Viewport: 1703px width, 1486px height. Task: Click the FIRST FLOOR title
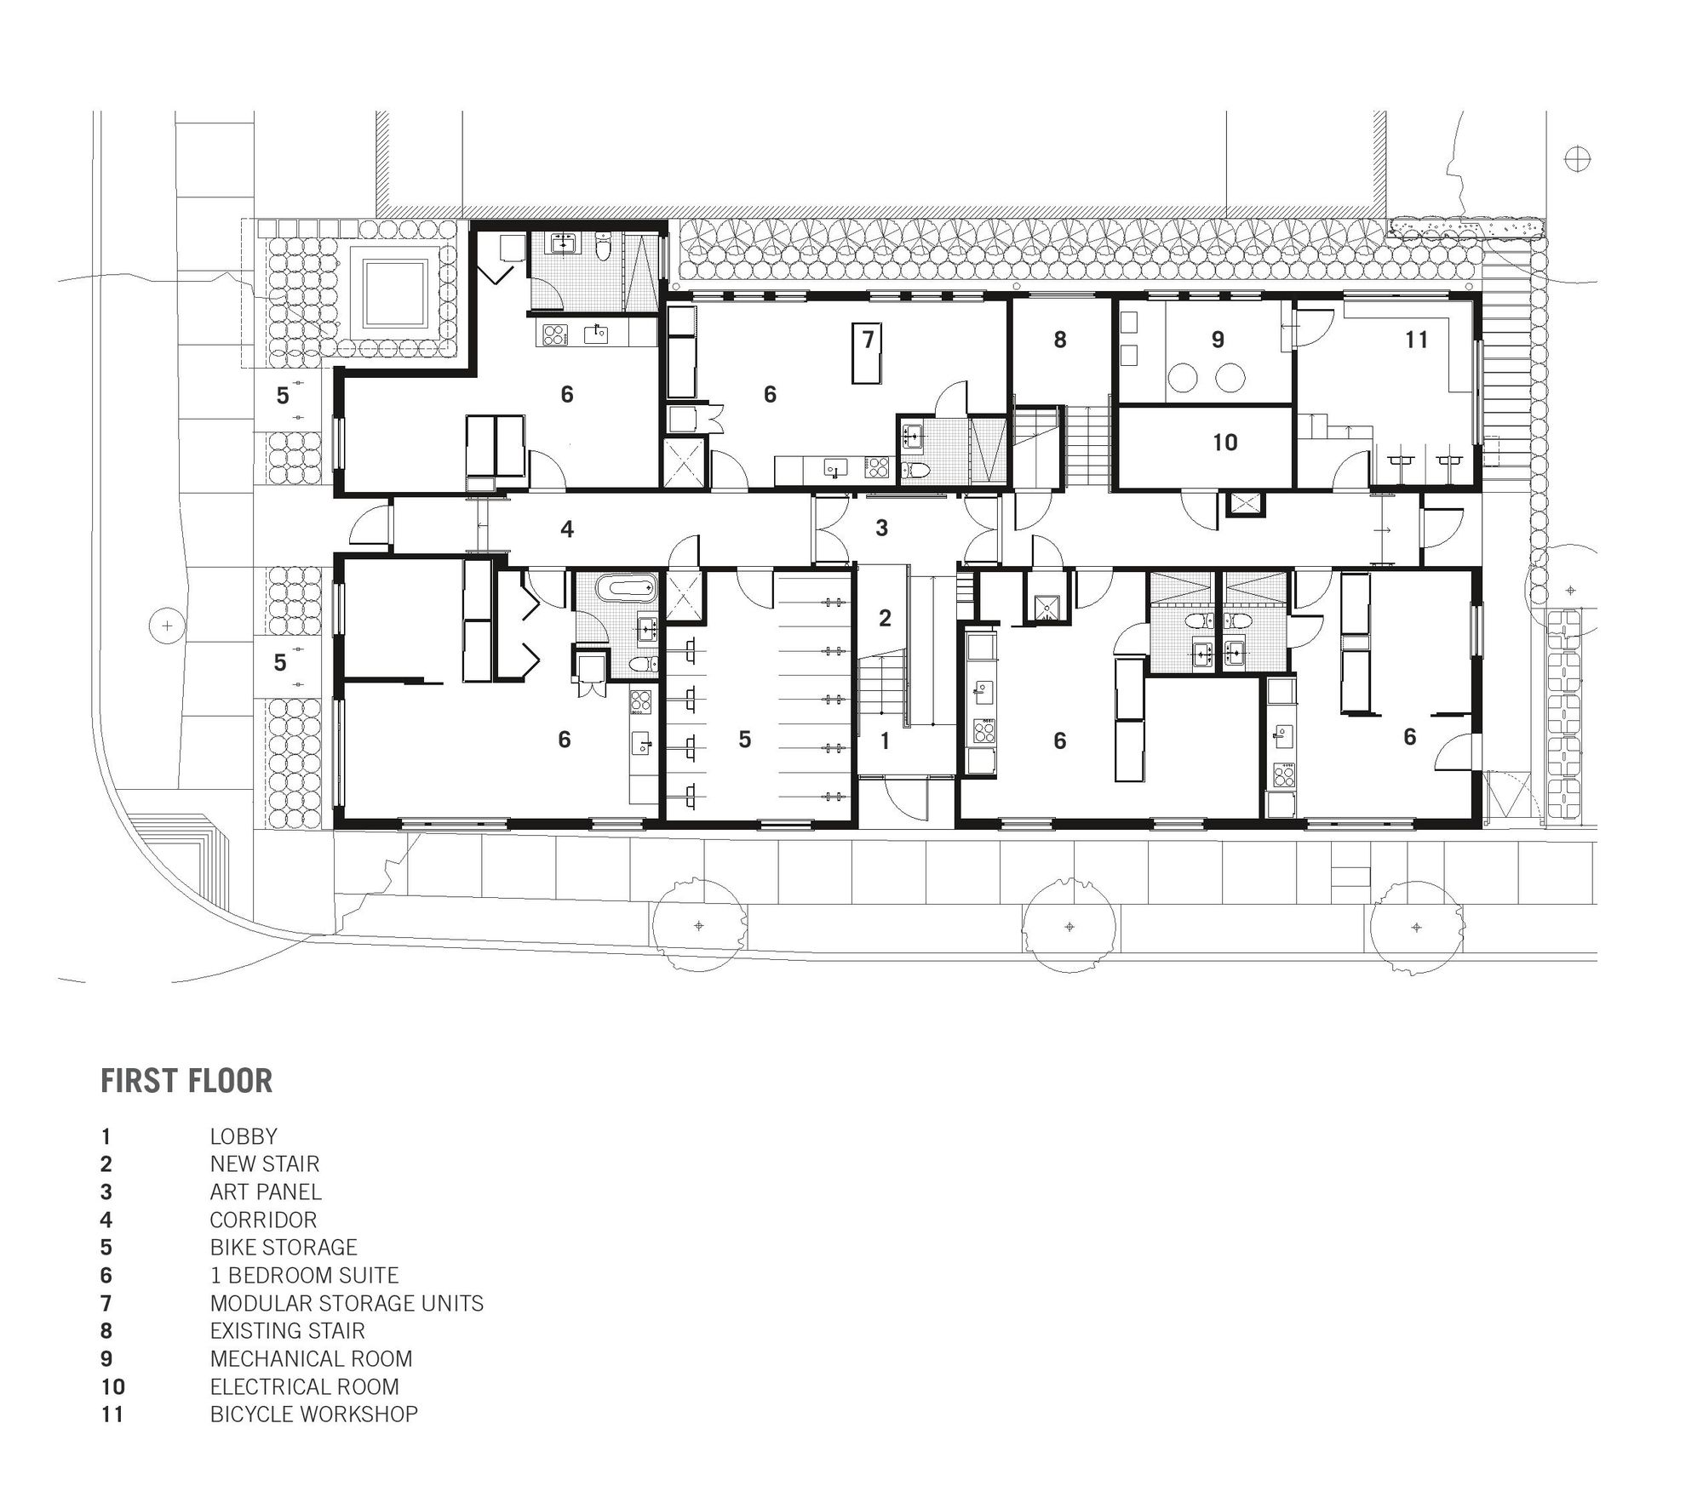[x=186, y=1080]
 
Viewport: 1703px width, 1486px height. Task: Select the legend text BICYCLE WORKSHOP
[x=314, y=1414]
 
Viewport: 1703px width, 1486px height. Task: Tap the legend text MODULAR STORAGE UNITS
[x=347, y=1303]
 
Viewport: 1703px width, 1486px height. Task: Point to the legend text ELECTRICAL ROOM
[x=305, y=1386]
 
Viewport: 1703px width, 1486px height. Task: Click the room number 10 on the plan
[x=1224, y=442]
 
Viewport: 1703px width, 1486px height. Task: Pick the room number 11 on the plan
[x=1416, y=340]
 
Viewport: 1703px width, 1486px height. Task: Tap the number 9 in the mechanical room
[x=1218, y=340]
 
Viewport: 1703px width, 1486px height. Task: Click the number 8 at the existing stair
[x=1060, y=340]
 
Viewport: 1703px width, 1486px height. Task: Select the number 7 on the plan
[x=869, y=340]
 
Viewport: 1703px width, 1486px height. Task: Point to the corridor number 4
[x=567, y=529]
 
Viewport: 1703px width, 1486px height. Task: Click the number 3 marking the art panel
[x=882, y=529]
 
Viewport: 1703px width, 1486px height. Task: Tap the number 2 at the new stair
[x=885, y=619]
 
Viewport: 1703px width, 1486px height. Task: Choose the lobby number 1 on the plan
[x=886, y=740]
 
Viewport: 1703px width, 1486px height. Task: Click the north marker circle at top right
[x=1578, y=159]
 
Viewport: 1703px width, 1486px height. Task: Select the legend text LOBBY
[x=244, y=1136]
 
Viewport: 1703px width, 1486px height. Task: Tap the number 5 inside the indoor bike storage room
[x=745, y=740]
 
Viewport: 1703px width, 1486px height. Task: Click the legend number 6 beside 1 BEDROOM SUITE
[x=106, y=1276]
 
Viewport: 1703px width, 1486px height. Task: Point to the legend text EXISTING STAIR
[x=288, y=1330]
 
